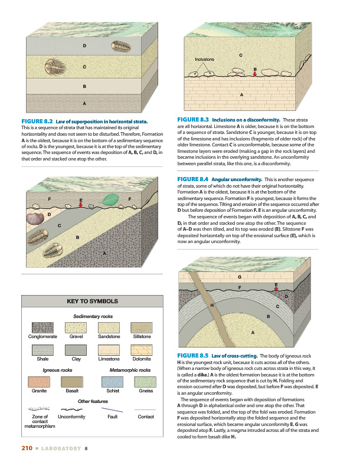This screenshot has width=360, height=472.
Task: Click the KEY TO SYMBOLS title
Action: [92, 301]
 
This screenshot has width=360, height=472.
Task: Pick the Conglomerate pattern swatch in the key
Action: [42, 327]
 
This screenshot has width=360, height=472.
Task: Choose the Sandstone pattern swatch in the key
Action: [109, 327]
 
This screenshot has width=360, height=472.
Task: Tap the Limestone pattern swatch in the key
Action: [109, 349]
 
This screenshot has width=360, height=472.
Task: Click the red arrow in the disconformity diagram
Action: [255, 75]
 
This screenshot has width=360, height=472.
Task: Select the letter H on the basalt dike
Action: [211, 304]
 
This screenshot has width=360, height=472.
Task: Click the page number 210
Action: [25, 448]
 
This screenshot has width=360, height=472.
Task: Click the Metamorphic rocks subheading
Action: [130, 370]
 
